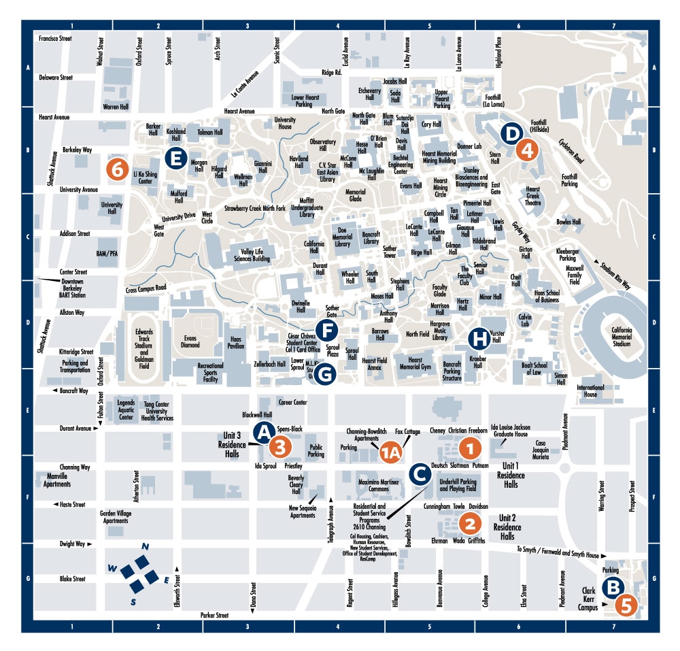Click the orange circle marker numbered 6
point(117,169)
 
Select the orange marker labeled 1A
point(391,452)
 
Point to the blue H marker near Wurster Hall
point(480,337)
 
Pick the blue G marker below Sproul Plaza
point(326,373)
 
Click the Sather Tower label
point(389,252)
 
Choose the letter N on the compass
point(144,546)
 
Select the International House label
point(590,391)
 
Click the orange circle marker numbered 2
point(469,522)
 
